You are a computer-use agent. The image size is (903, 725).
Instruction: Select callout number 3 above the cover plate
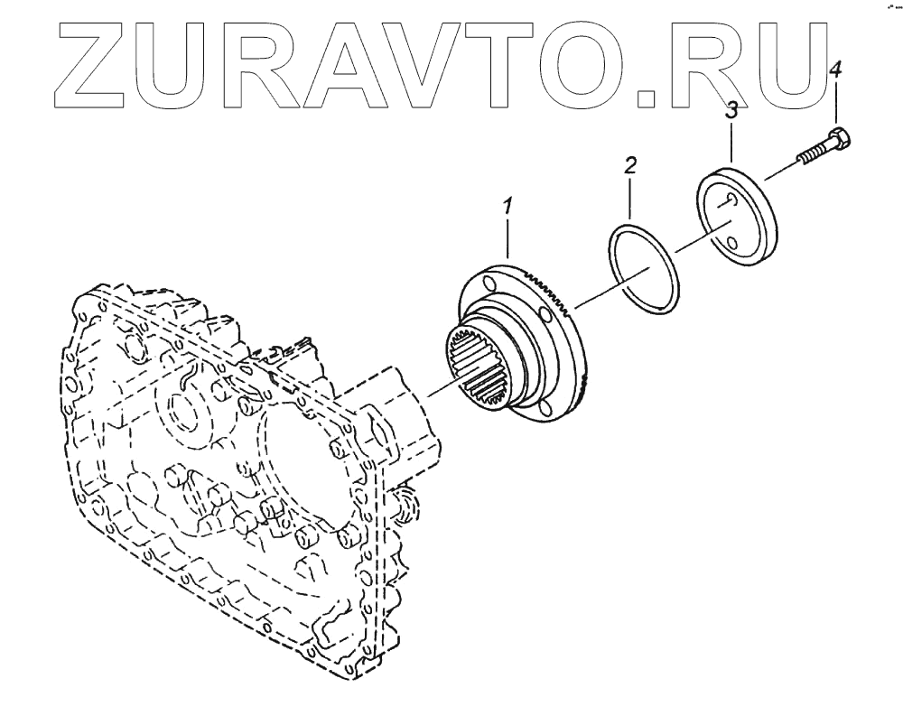(x=732, y=111)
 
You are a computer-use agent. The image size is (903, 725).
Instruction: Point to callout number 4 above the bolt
(x=835, y=69)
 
